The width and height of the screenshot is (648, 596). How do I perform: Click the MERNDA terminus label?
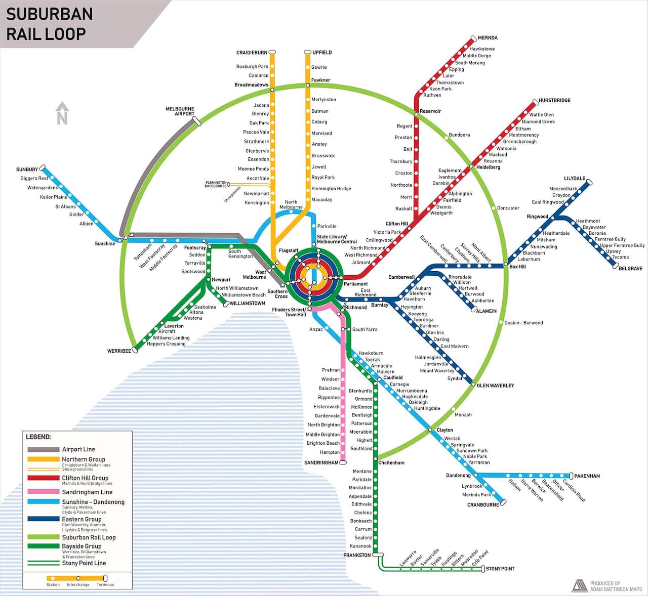coord(488,38)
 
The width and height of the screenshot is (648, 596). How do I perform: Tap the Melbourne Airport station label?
coord(180,111)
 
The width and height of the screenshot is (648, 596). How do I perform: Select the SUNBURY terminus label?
coord(27,169)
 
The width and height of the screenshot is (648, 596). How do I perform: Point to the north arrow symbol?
coord(62,113)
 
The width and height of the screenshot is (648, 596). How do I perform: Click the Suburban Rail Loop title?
coord(49,23)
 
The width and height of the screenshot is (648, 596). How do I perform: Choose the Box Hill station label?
coord(517,267)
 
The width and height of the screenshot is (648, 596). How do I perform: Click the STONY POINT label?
coord(500,569)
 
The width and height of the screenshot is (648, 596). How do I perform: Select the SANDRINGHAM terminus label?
coord(321,462)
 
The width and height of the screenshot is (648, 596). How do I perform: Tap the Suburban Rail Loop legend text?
coord(89,537)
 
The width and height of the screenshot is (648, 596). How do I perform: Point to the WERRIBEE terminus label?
coord(119,351)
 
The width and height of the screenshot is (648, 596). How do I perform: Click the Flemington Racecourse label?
coord(216,184)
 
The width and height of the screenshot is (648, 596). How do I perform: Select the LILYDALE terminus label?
coord(575,179)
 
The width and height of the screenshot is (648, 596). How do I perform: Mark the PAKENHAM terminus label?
coord(587,476)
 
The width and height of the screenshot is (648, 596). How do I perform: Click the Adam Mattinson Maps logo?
coord(579,585)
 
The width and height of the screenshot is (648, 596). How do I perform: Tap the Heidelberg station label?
coord(488,167)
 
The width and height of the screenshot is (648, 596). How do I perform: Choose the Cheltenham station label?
coord(391,462)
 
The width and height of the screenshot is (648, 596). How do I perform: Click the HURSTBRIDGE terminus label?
coord(554,101)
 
